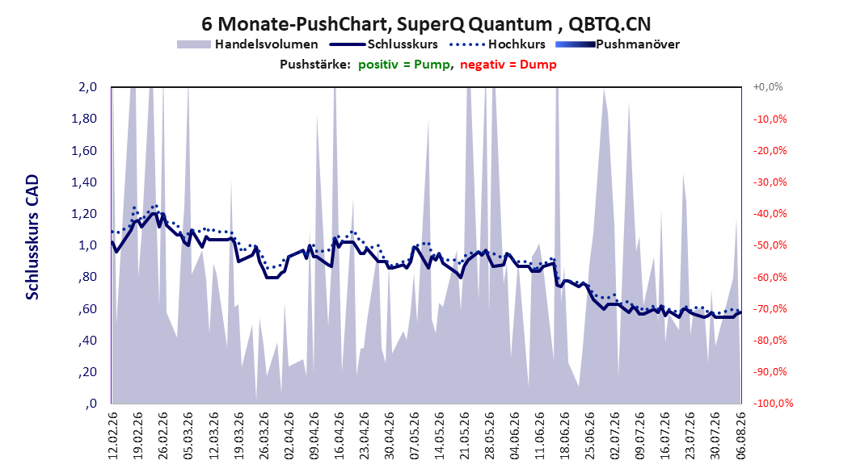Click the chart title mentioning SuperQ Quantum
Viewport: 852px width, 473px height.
tap(426, 24)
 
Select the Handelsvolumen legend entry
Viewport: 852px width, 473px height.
tap(248, 44)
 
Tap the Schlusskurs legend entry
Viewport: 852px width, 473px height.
tap(384, 44)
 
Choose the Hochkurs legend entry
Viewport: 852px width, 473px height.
tap(498, 44)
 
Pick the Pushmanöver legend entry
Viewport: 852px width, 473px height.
tap(618, 44)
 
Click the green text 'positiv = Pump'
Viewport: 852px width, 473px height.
tap(404, 65)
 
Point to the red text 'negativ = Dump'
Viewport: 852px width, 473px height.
tap(508, 65)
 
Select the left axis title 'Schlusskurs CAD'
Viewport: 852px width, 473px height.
tap(32, 237)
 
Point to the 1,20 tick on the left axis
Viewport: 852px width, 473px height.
tap(84, 214)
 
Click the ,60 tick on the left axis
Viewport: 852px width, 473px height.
tap(87, 308)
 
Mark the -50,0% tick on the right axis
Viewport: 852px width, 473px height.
tap(770, 245)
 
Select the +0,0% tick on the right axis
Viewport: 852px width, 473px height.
tap(768, 87)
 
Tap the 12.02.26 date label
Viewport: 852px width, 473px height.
tap(113, 436)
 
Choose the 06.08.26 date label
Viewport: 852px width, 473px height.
tap(740, 436)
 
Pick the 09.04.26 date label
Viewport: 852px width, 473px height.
tap(314, 436)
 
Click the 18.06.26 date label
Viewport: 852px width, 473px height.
tap(564, 436)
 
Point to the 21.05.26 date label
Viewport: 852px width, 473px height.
tap(465, 436)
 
